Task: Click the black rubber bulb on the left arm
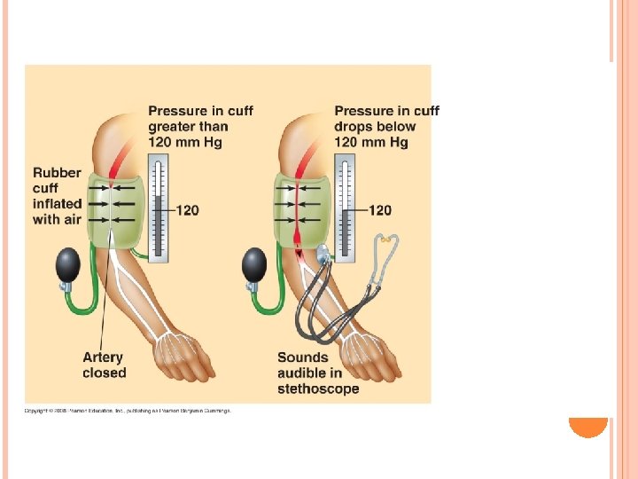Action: tap(66, 265)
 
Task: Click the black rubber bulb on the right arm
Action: tap(253, 264)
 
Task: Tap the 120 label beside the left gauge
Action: tap(187, 210)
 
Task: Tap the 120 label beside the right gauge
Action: tap(379, 210)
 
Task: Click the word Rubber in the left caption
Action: tap(57, 173)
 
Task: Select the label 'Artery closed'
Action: tap(104, 365)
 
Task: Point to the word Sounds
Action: tap(303, 357)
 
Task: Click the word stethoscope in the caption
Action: tap(318, 389)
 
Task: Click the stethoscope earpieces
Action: tap(385, 241)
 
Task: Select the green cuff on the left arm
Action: tap(111, 211)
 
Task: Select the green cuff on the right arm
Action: tap(298, 211)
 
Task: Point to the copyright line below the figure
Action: tap(128, 411)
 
